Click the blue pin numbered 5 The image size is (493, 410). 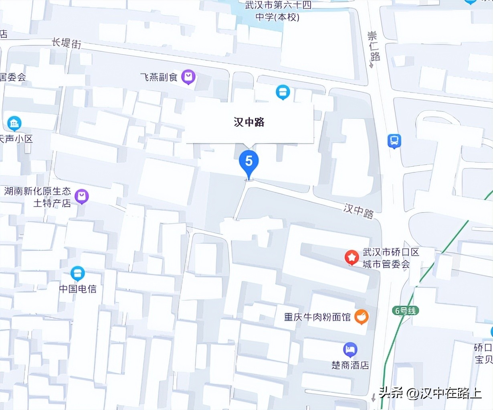coord(249,162)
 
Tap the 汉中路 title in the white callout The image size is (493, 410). coord(249,122)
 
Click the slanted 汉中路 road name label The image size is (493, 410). coord(358,210)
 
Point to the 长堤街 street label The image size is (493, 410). coord(67,43)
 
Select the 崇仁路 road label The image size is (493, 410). coord(374,46)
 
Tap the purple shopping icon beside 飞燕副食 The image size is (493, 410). coord(188,76)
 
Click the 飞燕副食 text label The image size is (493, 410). coord(159,77)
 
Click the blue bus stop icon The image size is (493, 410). coord(394,141)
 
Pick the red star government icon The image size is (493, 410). coord(352,257)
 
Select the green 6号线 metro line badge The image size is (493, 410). coord(405,311)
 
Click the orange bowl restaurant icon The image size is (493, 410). coord(361,317)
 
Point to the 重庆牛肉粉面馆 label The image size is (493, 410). coord(317,317)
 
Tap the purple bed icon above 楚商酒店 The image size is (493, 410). coord(350,349)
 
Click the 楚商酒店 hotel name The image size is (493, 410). coord(350,365)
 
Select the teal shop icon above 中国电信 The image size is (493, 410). coord(78,274)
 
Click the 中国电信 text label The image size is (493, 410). coord(78,289)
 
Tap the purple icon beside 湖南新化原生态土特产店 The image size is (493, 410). coord(82,196)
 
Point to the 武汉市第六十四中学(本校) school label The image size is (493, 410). coord(278,11)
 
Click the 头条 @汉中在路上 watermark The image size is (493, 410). coord(430,393)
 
